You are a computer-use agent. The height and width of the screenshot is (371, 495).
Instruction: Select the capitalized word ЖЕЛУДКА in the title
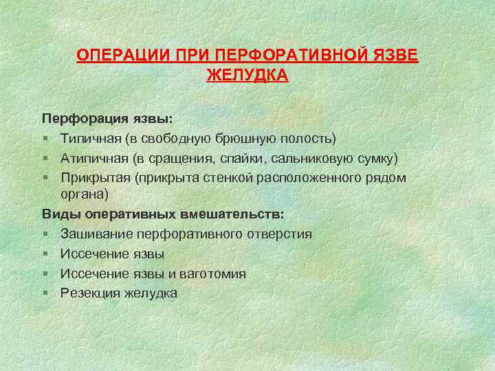(247, 74)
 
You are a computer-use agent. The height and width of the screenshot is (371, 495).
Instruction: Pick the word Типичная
(89, 139)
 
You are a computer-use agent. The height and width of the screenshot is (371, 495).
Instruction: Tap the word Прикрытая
(94, 178)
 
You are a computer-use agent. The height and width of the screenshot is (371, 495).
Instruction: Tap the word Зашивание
(93, 234)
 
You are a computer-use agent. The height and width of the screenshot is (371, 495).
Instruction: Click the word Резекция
(89, 293)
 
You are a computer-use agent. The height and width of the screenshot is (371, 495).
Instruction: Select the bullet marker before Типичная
(45, 139)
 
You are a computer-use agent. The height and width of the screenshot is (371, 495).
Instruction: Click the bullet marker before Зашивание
(45, 235)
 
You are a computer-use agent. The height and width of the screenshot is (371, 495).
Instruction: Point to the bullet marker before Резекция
(45, 294)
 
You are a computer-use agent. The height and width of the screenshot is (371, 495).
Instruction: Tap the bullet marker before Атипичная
(45, 159)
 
